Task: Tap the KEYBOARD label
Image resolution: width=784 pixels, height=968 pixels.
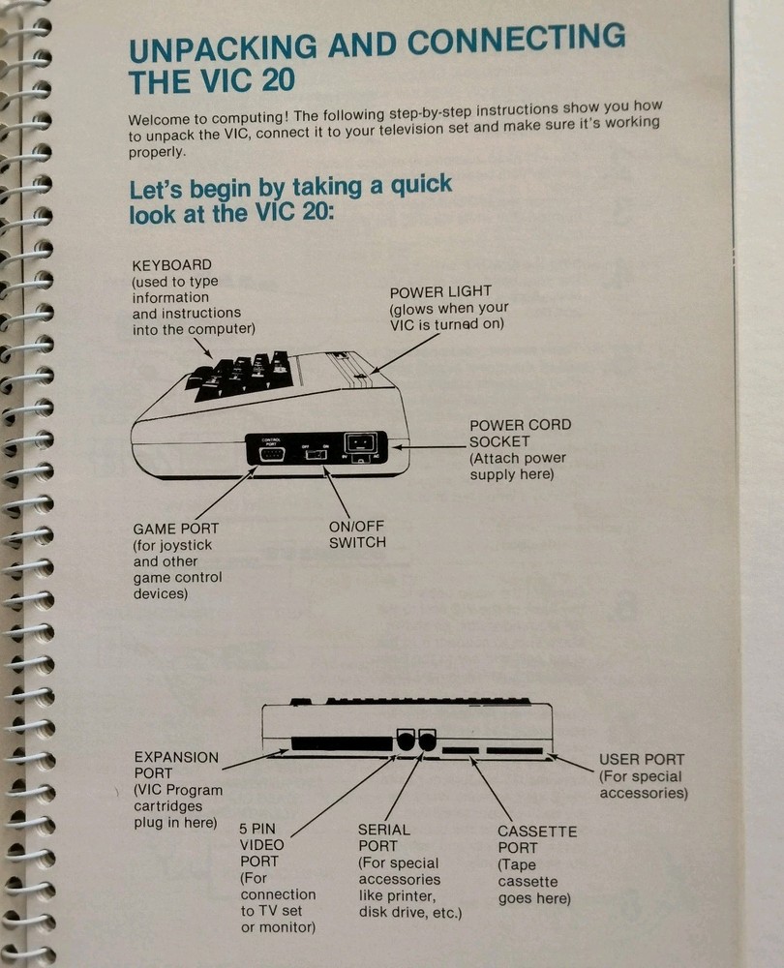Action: (x=172, y=265)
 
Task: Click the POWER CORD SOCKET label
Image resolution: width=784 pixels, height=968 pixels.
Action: (x=520, y=434)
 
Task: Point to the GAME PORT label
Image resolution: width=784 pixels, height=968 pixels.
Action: (x=175, y=529)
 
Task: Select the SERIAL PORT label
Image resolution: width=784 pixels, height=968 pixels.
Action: (x=383, y=837)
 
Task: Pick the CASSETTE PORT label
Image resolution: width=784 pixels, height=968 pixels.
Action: (x=536, y=839)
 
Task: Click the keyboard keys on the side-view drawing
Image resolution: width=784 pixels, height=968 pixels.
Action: (x=242, y=376)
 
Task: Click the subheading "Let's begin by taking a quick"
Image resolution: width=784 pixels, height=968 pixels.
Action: (x=290, y=185)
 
